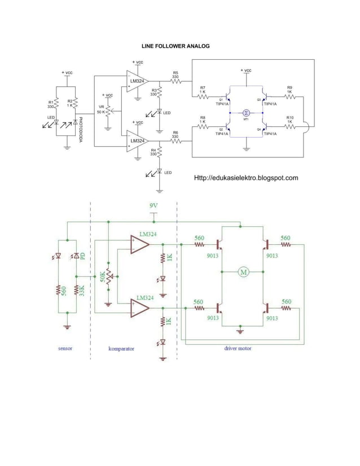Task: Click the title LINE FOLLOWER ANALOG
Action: [175, 46]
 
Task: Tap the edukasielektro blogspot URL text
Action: [245, 178]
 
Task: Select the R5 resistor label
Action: [175, 73]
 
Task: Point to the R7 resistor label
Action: [203, 87]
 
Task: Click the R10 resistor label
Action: [290, 117]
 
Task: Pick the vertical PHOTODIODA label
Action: [81, 130]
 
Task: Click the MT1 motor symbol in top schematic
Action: [246, 113]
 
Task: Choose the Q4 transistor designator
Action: [258, 129]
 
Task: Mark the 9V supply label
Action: [153, 206]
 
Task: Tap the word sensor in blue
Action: [65, 348]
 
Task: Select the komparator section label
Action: [121, 349]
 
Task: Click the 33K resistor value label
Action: [82, 291]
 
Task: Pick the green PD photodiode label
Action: [82, 256]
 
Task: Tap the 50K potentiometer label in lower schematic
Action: [103, 278]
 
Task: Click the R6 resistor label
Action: [175, 134]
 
